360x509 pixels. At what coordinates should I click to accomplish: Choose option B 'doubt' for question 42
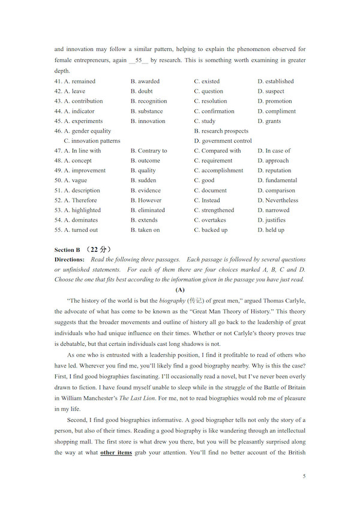[x=145, y=91]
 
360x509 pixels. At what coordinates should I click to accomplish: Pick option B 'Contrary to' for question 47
[x=152, y=150]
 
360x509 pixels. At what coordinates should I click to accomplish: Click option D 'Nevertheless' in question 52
[x=281, y=200]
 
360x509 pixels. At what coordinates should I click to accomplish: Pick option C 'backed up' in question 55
[x=214, y=230]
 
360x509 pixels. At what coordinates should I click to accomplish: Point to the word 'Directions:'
[x=70, y=260]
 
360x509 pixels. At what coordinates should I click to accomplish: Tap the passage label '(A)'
[x=180, y=289]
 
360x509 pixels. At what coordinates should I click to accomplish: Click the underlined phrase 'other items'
[x=116, y=452]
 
